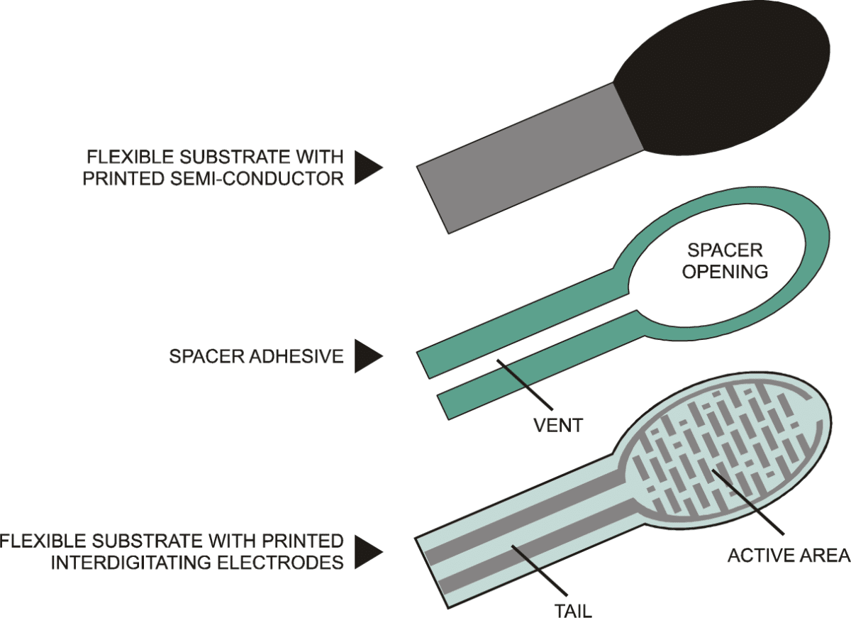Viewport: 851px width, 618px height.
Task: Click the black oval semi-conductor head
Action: pyautogui.click(x=722, y=78)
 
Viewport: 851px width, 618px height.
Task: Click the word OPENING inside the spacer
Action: pyautogui.click(x=725, y=272)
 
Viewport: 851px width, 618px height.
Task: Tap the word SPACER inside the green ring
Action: pyautogui.click(x=725, y=250)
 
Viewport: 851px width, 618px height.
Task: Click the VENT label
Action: pyautogui.click(x=558, y=425)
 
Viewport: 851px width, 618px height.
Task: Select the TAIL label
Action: pyautogui.click(x=573, y=611)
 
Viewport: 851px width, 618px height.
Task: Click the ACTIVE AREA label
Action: pyautogui.click(x=789, y=556)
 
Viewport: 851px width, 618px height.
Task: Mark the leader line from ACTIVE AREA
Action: pyautogui.click(x=748, y=502)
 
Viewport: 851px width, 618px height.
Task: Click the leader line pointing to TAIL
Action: pyautogui.click(x=539, y=570)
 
